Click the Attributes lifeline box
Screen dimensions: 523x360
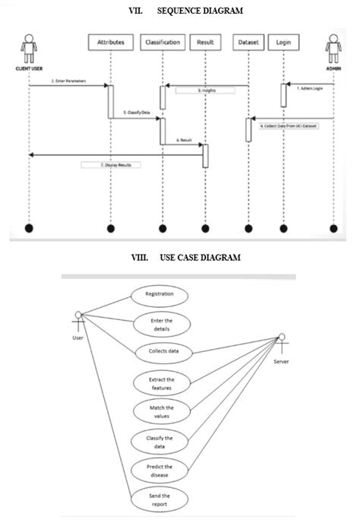(111, 43)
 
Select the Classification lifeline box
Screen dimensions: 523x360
(163, 43)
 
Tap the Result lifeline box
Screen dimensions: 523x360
(204, 43)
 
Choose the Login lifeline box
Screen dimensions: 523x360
(283, 43)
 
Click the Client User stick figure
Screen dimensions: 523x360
(29, 49)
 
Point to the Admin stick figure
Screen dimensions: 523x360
(333, 49)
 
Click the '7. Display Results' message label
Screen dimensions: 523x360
(111, 164)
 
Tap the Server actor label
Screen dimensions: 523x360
(281, 361)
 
